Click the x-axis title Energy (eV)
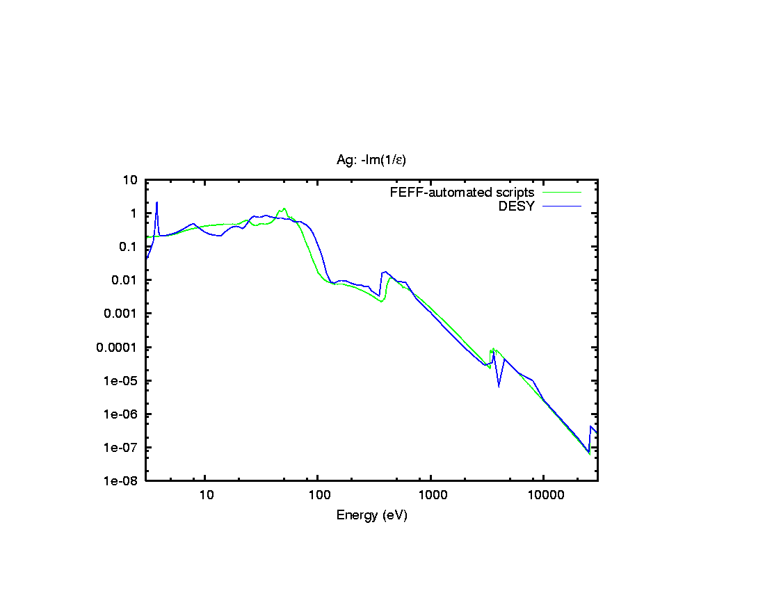pyautogui.click(x=371, y=515)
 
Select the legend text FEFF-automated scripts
pyautogui.click(x=462, y=192)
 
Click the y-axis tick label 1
pyautogui.click(x=135, y=213)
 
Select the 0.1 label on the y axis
pyautogui.click(x=129, y=247)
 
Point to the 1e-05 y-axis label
pyautogui.click(x=123, y=380)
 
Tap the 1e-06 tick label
pyautogui.click(x=123, y=414)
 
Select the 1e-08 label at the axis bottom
pyautogui.click(x=123, y=480)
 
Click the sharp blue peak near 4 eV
pyautogui.click(x=157, y=203)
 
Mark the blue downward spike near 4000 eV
pyautogui.click(x=499, y=384)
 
